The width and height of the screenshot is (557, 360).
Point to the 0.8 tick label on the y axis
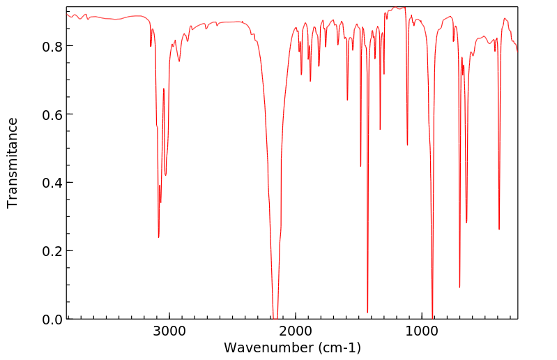point(52,46)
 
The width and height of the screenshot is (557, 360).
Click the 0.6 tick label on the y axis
point(52,114)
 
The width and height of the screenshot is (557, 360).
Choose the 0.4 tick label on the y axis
point(52,183)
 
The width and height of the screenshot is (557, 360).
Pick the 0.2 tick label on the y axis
point(52,251)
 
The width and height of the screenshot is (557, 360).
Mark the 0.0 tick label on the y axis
point(52,319)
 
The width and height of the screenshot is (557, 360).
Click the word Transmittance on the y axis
point(13,163)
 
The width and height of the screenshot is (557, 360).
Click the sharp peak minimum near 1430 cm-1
point(367,312)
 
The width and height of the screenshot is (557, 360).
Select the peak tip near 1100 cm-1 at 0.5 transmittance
point(407,145)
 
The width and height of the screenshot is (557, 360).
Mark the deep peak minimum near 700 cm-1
point(459,287)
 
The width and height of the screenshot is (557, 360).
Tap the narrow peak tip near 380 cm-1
point(499,229)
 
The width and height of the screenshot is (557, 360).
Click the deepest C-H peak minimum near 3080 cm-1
point(158,237)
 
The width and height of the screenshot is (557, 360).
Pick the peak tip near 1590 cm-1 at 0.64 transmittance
point(347,100)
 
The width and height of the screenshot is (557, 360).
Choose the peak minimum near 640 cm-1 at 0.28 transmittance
point(466,223)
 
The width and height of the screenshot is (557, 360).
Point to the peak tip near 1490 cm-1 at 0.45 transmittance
point(360,166)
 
